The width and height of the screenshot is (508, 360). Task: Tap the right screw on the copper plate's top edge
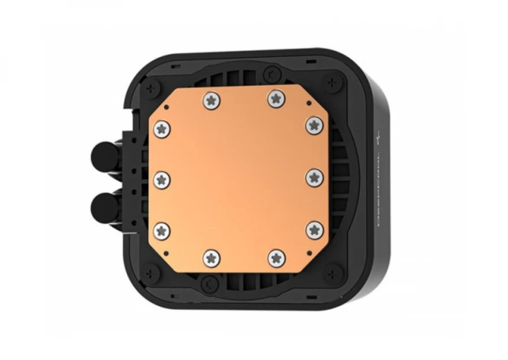pos(275,98)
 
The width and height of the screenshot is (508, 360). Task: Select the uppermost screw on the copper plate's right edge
pos(313,125)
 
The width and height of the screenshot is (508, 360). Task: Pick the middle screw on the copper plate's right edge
pos(314,177)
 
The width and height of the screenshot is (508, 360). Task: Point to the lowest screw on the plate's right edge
pos(314,229)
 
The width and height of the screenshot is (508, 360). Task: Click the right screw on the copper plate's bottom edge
pos(276,257)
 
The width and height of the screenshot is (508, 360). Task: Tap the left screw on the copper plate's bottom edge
pos(211,257)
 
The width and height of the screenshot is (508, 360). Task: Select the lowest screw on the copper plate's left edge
pos(161,230)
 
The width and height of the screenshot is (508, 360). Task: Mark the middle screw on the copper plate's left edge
pos(161,179)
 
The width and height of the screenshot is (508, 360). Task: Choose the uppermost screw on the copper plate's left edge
pos(161,127)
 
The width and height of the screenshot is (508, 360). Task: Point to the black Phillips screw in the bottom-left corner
pos(152,273)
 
